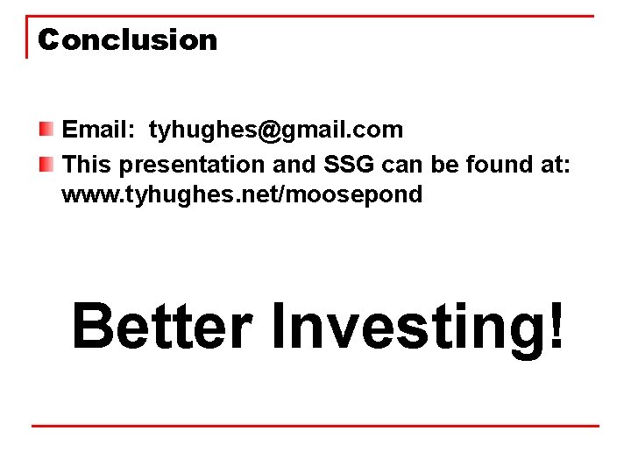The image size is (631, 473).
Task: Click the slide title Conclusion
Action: tap(128, 40)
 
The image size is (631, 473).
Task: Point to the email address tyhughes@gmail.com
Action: tap(276, 131)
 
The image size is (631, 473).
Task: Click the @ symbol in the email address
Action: tap(267, 131)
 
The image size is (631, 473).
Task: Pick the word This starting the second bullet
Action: tap(88, 165)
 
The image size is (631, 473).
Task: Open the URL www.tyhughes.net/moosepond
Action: tap(242, 194)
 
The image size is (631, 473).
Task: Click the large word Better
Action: tap(161, 326)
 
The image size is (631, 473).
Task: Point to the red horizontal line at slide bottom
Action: tap(315, 427)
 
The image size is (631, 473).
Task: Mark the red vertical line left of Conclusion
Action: tap(26, 37)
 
